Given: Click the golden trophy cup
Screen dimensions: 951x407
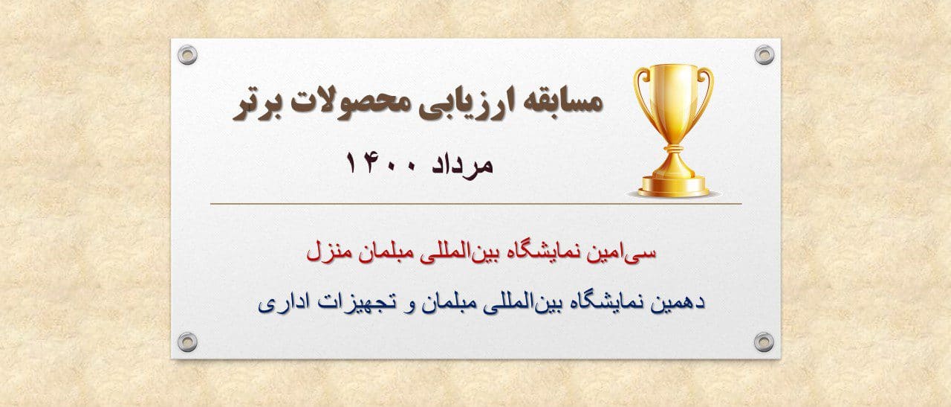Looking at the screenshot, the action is click(673, 130).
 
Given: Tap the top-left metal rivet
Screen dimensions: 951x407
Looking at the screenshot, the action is click(187, 55).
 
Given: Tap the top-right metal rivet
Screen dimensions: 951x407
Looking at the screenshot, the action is click(765, 55).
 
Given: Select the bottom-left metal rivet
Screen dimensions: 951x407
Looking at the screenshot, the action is click(187, 342).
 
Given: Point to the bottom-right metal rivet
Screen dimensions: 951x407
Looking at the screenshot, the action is click(764, 342).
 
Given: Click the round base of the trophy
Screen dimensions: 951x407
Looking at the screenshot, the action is click(673, 187).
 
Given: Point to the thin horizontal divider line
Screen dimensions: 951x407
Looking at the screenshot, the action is click(476, 204).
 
